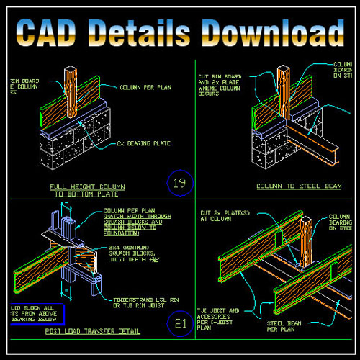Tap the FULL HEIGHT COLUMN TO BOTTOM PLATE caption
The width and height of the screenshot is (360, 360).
click(84, 191)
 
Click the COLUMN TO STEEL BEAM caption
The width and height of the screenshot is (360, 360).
click(288, 186)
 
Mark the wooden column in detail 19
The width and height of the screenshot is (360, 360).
click(70, 89)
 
